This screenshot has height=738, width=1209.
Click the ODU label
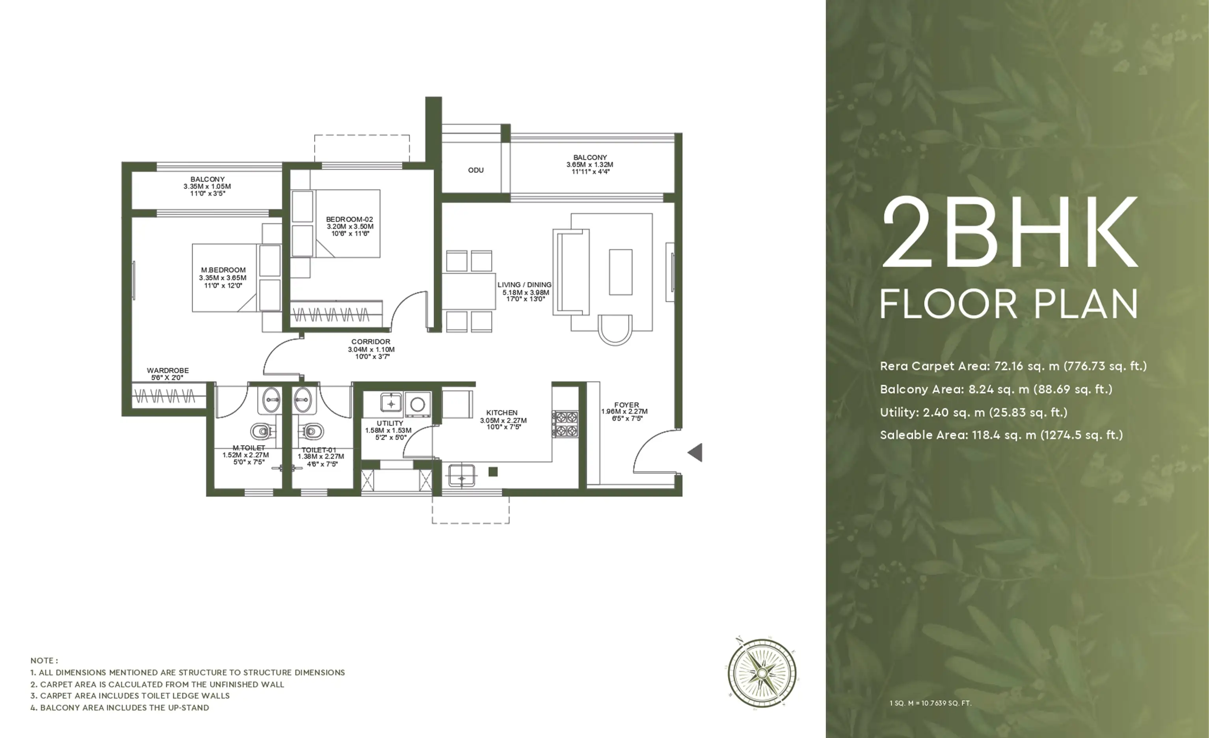475,170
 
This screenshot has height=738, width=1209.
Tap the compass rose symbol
762,672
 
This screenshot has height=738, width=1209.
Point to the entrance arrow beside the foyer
695,452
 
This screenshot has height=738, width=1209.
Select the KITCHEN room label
501,413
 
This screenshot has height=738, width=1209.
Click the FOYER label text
627,405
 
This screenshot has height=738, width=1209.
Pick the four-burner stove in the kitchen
566,424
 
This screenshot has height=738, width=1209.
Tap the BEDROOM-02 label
349,219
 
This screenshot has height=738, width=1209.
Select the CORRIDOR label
371,342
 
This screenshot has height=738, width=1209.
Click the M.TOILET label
249,448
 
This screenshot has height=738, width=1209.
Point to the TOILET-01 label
319,450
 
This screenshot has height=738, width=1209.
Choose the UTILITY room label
390,423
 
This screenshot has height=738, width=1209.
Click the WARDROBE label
168,371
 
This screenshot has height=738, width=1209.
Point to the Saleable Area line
1001,435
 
